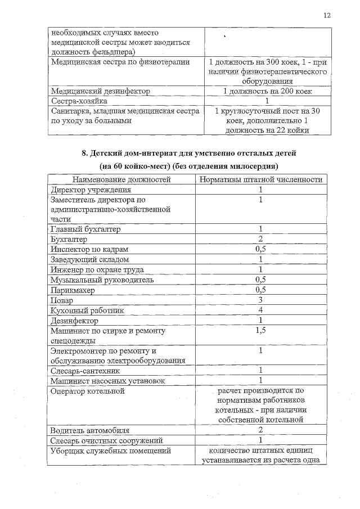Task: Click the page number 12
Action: coord(326,15)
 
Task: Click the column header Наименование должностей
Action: coord(121,179)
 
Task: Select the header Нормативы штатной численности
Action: coord(261,179)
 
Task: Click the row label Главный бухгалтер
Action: coord(85,229)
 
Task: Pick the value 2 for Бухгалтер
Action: coord(261,239)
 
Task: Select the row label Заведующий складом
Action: coord(90,259)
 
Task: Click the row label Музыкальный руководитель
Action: coord(102,280)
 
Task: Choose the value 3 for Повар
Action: coord(261,300)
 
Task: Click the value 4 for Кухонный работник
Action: coord(261,310)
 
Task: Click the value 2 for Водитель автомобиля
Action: coord(261,430)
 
